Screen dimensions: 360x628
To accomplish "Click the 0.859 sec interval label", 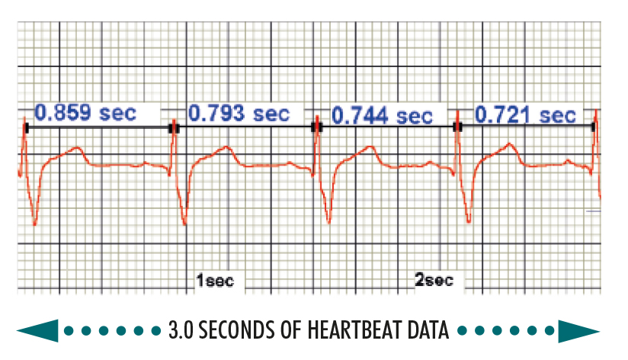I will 85,114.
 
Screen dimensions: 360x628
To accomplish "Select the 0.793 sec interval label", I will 239,114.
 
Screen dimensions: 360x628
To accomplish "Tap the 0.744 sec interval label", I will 382,117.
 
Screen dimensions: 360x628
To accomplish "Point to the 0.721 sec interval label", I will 525,115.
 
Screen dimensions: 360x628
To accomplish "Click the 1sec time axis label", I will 214,281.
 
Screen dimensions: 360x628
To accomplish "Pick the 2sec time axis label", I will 434,281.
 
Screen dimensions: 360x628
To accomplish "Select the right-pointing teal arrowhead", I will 580,331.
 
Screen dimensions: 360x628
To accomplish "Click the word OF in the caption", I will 300,331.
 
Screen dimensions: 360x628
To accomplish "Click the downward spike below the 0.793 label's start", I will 184,221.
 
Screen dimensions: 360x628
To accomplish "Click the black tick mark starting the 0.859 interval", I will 26,128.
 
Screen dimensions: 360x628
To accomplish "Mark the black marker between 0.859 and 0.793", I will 174,128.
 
